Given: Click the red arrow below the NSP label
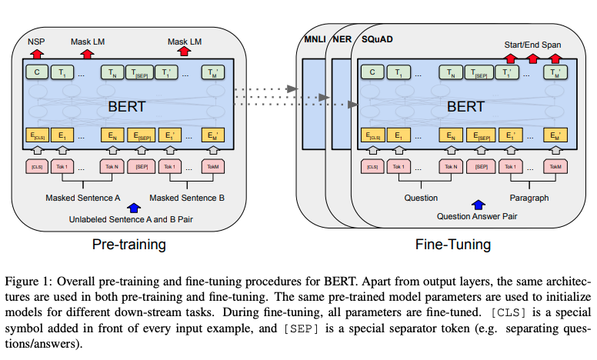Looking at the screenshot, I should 35,53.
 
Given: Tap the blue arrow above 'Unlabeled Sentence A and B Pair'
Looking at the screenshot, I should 135,206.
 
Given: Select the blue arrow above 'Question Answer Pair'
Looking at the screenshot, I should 479,205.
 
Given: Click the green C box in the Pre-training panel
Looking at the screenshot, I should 36,73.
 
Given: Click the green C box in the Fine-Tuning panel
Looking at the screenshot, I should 373,73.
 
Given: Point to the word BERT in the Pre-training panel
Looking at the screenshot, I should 128,106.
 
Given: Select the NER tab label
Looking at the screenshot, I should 340,38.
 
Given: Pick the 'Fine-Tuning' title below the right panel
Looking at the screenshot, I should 454,245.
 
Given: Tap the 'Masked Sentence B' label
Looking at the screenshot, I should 188,198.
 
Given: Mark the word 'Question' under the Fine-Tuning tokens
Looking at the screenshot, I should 422,198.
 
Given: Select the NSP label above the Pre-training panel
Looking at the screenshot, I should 35,42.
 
